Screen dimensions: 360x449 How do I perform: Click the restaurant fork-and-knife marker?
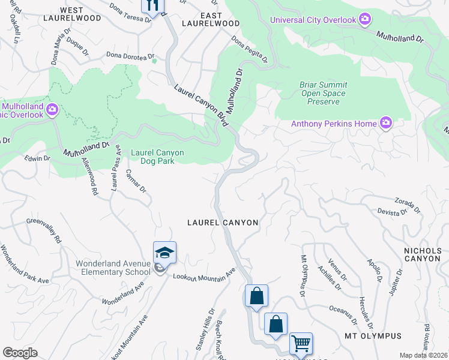pyautogui.click(x=152, y=5)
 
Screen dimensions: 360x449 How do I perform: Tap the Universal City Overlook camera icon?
pyautogui.click(x=364, y=20)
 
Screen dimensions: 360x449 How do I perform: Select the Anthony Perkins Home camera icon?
pyautogui.click(x=385, y=124)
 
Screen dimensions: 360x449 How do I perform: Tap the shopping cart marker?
pyautogui.click(x=301, y=343)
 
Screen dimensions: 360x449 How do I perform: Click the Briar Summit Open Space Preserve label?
pyautogui.click(x=323, y=93)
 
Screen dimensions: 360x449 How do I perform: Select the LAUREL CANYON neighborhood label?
pyautogui.click(x=223, y=223)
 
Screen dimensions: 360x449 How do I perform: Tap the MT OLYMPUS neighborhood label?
pyautogui.click(x=372, y=335)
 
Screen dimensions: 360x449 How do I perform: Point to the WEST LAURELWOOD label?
pyautogui.click(x=80, y=14)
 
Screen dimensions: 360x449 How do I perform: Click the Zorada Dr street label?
pyautogui.click(x=407, y=205)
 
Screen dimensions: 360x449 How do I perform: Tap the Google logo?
pyautogui.click(x=20, y=353)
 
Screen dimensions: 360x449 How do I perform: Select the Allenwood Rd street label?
pyautogui.click(x=90, y=179)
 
